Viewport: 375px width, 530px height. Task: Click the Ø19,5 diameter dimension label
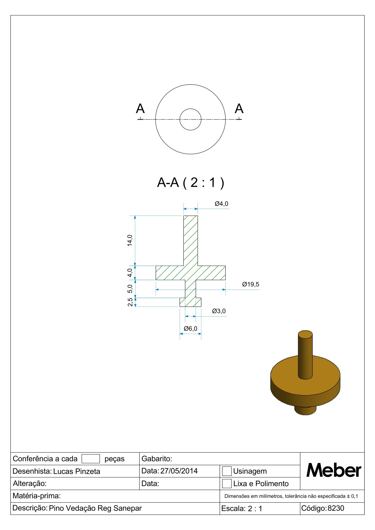coord(251,284)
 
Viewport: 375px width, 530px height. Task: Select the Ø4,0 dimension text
coord(222,204)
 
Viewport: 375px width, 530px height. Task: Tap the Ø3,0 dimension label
coord(219,311)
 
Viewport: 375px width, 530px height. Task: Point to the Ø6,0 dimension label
coord(190,328)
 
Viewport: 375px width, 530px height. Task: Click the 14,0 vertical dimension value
coord(130,240)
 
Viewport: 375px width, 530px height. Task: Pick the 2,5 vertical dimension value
coord(130,302)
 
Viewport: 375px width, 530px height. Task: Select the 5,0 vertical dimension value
coord(130,289)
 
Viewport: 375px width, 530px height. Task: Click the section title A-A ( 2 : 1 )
coord(191,183)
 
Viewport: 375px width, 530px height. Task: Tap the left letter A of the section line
coord(140,109)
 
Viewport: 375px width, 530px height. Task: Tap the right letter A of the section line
coord(239,109)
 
